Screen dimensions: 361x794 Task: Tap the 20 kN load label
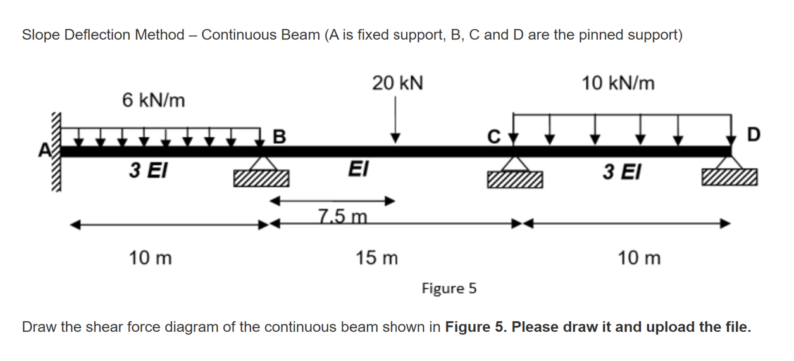click(x=398, y=83)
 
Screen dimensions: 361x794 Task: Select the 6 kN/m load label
click(x=154, y=100)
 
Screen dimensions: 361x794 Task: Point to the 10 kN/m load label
click(x=618, y=83)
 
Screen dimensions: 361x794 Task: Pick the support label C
click(x=495, y=136)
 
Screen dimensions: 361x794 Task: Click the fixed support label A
click(x=44, y=150)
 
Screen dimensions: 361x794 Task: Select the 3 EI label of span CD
click(x=622, y=170)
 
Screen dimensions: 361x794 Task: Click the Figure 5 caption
click(x=449, y=289)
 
